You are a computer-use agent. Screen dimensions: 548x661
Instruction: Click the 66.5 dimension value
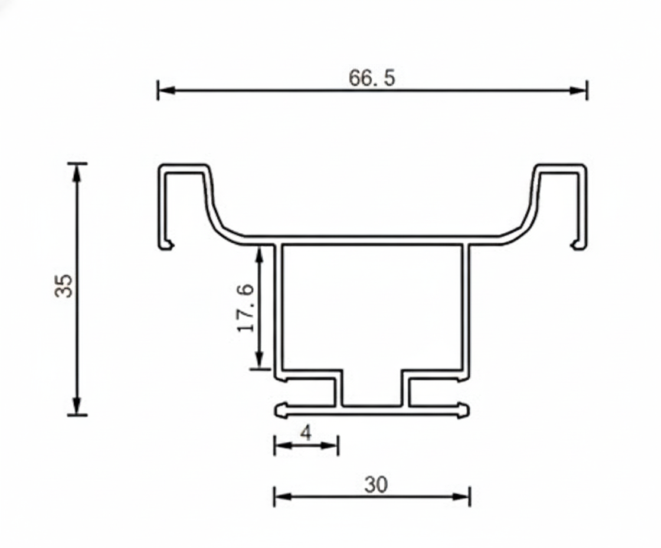click(372, 78)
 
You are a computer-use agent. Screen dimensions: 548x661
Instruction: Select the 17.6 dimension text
click(246, 307)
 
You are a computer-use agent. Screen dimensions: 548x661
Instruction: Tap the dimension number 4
click(306, 433)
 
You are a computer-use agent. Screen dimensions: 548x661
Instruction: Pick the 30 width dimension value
click(376, 485)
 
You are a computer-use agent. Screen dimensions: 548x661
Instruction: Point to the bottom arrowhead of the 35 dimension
click(77, 406)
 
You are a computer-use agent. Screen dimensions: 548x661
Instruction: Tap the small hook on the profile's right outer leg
click(575, 244)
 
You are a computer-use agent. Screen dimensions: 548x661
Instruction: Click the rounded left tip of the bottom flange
click(279, 409)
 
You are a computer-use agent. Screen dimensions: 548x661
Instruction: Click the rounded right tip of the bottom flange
click(466, 409)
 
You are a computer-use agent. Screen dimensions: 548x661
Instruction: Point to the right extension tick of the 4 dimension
click(338, 445)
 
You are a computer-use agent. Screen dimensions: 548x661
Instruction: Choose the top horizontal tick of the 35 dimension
click(77, 163)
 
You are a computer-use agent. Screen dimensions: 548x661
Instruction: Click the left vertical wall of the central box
click(279, 307)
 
